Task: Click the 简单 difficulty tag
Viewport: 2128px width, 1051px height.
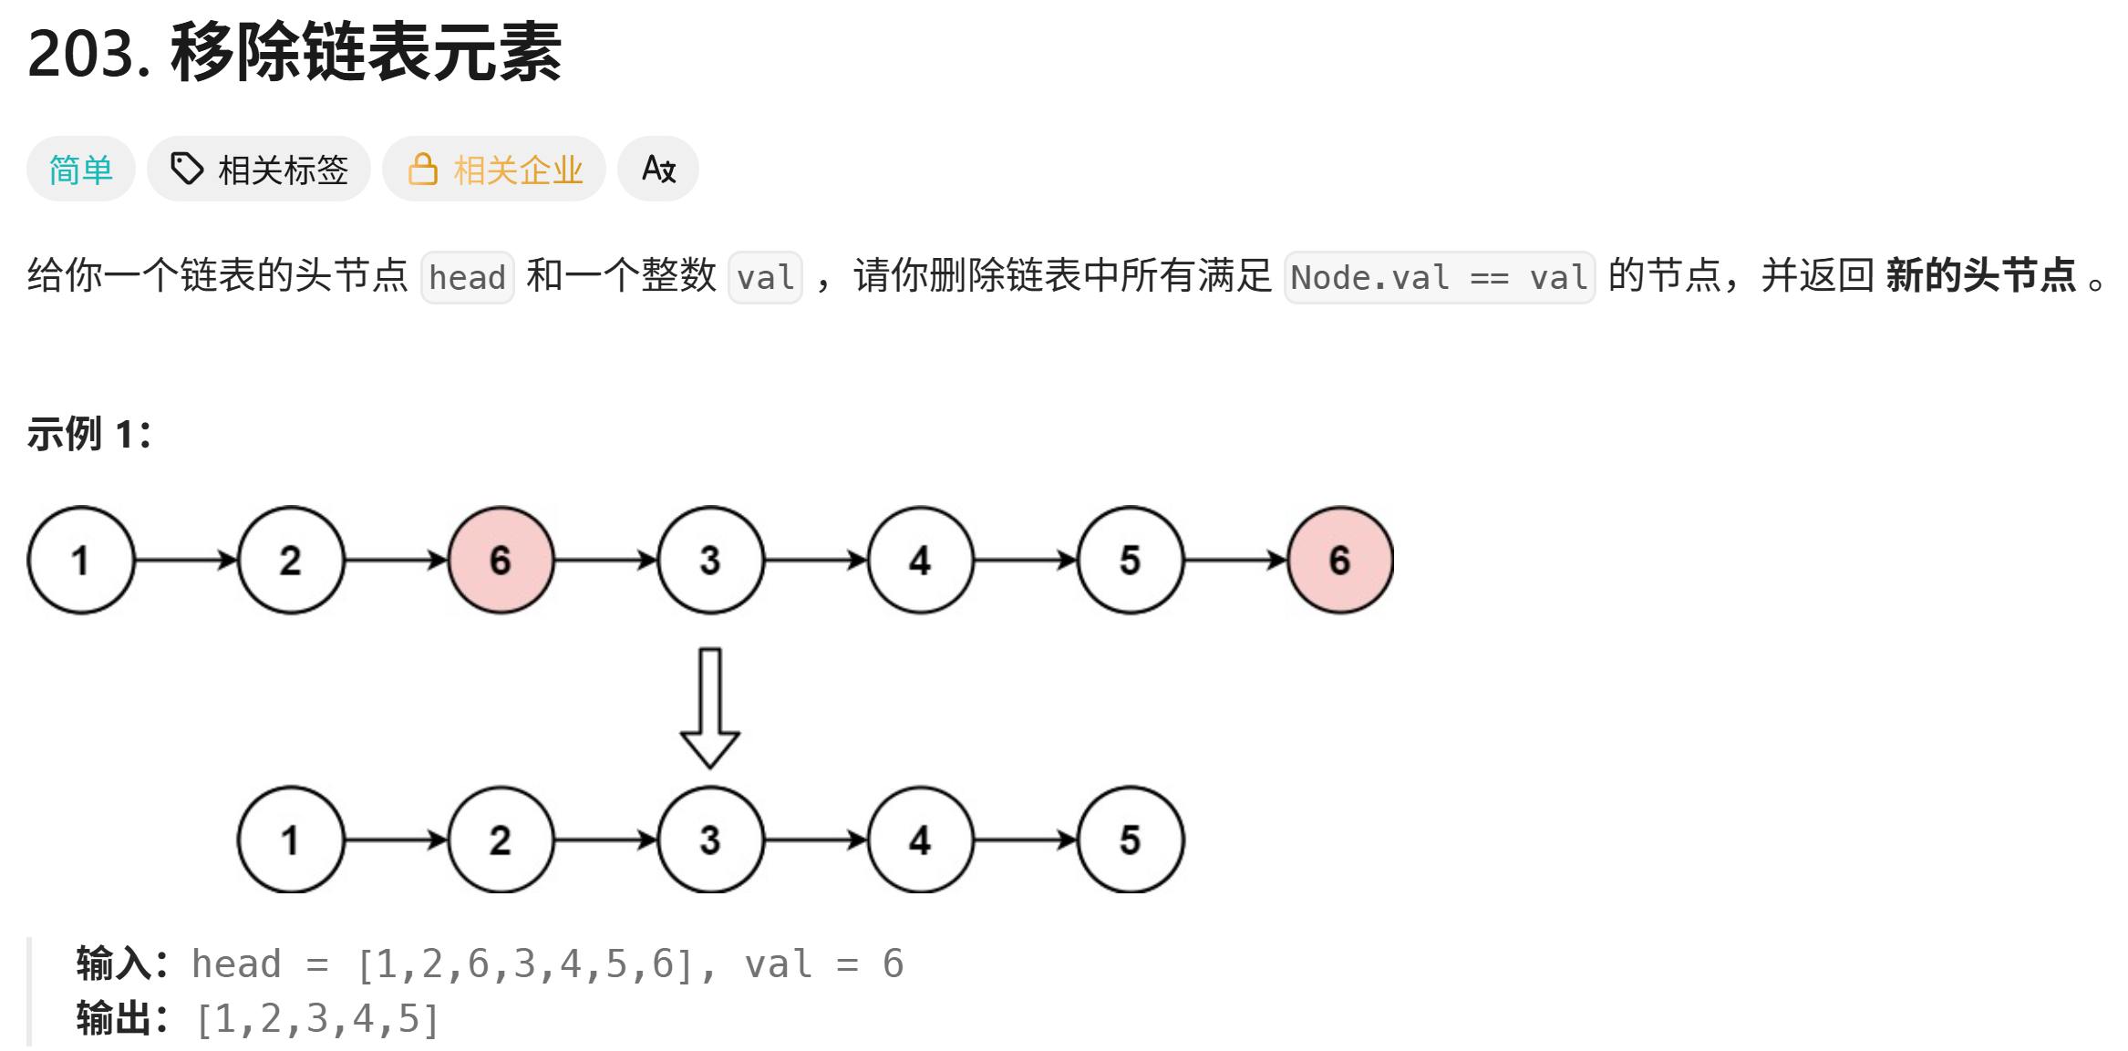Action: tap(80, 170)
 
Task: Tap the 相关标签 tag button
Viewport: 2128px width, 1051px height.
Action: tap(259, 170)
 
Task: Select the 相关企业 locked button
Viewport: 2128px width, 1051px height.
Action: tap(494, 170)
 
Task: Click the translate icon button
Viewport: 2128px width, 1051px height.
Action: tap(658, 170)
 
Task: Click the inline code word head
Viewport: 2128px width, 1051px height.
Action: tap(467, 277)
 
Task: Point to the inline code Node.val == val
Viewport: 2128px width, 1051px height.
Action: tap(1439, 277)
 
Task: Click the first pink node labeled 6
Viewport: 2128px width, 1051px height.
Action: tap(501, 561)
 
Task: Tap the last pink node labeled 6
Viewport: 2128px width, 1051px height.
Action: tap(1339, 561)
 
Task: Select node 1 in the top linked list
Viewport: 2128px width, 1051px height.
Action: tap(81, 561)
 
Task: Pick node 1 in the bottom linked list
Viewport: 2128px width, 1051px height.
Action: tap(291, 840)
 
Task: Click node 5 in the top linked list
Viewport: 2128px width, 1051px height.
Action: tap(1130, 561)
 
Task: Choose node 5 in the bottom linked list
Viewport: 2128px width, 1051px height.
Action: tap(1130, 840)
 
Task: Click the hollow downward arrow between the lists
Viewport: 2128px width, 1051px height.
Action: tap(709, 707)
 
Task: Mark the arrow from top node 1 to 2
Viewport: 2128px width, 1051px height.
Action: tap(186, 561)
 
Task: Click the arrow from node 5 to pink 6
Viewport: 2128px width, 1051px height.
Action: tap(1234, 561)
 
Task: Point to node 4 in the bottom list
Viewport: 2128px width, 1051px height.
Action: tap(920, 840)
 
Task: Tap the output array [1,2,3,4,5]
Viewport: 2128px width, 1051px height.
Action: tap(317, 1019)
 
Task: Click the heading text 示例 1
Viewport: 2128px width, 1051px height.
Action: tap(88, 434)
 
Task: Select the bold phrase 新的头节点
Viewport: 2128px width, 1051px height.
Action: tap(1980, 275)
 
